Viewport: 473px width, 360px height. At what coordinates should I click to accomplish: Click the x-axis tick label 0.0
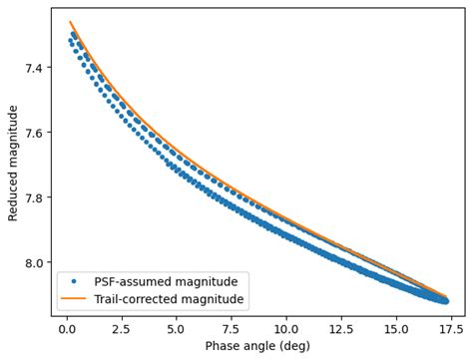(66, 326)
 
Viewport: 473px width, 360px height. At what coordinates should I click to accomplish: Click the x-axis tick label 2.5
(122, 326)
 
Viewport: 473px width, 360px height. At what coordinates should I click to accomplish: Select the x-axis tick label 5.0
(177, 326)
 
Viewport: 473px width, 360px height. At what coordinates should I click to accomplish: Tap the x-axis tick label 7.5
(232, 326)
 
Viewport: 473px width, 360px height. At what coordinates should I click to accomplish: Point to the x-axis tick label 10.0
(286, 326)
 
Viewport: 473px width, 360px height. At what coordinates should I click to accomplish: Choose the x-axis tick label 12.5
(341, 326)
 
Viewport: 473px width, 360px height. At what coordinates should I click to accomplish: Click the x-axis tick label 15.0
(396, 326)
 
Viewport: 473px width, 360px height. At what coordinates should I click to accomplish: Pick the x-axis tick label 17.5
(451, 326)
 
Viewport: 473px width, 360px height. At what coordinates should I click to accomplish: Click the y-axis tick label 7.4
(34, 68)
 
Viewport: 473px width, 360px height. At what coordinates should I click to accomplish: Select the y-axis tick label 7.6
(34, 133)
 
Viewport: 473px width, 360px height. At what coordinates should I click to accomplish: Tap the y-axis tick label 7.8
(34, 197)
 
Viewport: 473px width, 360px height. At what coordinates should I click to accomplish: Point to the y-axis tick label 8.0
(34, 262)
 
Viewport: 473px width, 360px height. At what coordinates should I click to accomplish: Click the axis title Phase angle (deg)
(258, 345)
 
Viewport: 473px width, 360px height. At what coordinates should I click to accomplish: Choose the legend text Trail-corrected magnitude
(168, 298)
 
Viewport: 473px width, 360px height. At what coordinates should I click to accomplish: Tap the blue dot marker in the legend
(75, 281)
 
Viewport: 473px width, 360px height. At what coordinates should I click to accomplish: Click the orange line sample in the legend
(75, 298)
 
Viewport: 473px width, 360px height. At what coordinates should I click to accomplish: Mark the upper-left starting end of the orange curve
(70, 22)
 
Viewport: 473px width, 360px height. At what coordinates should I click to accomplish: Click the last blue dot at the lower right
(445, 300)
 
